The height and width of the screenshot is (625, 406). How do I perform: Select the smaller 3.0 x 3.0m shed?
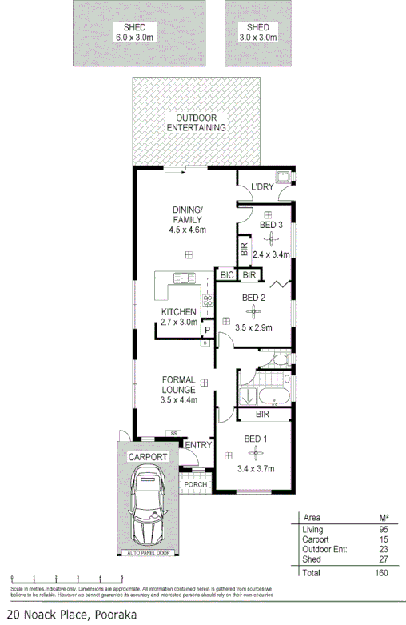[257, 32]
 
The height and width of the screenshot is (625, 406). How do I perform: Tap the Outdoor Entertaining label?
[195, 122]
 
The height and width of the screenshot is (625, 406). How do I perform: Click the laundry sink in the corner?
[282, 178]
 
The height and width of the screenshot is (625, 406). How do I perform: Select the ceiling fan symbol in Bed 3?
[273, 237]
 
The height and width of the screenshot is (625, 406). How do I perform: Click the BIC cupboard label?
[226, 275]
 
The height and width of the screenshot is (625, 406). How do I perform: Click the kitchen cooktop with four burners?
[207, 302]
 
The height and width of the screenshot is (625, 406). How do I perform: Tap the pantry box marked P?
[205, 329]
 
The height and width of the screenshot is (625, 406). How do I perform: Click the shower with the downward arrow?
[248, 395]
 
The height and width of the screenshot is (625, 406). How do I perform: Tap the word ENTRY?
[197, 445]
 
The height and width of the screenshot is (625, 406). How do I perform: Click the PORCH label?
[195, 484]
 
